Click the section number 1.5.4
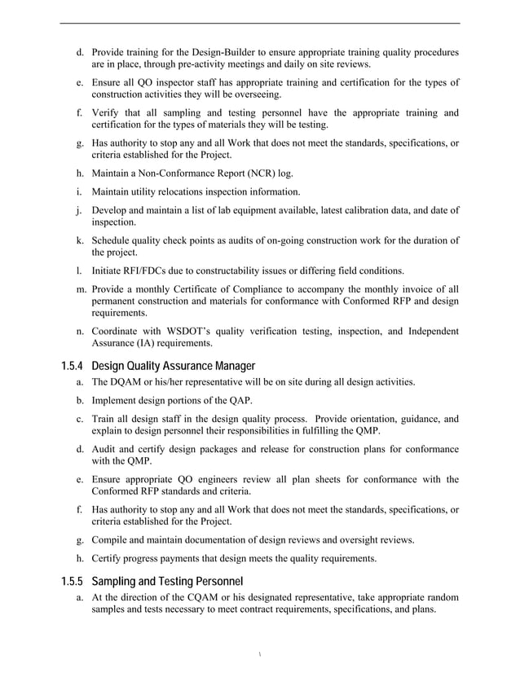coord(73,365)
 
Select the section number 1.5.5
coord(73,581)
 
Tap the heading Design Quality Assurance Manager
coord(174,365)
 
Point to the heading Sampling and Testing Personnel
coord(168,581)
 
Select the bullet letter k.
coord(80,240)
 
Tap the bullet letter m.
coord(81,288)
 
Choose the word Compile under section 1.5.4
coord(112,540)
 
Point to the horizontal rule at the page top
coord(260,23)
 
